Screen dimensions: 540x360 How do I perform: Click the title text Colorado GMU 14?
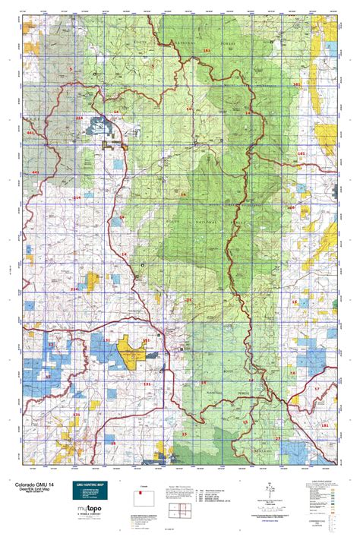33,480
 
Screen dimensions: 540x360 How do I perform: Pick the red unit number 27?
277,438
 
